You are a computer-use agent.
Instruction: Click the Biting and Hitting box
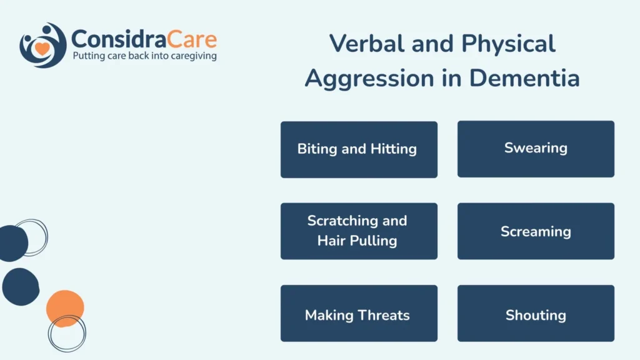click(359, 149)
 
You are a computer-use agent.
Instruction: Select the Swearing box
click(536, 149)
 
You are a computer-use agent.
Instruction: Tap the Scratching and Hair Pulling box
click(359, 231)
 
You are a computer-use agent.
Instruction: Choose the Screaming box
click(536, 231)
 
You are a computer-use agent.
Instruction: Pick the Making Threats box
click(359, 313)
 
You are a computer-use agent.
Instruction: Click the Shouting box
click(536, 313)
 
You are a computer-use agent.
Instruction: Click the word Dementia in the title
click(524, 78)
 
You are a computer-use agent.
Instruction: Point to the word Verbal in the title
click(367, 43)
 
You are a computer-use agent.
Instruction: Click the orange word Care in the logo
click(191, 39)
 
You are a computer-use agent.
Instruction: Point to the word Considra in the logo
click(119, 39)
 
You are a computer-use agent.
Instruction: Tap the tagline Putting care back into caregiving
click(144, 56)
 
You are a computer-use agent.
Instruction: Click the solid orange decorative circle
click(65, 307)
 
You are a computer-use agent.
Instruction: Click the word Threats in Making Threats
click(384, 315)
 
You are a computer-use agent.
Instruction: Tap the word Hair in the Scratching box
click(329, 241)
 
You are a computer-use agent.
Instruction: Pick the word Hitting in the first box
click(394, 149)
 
